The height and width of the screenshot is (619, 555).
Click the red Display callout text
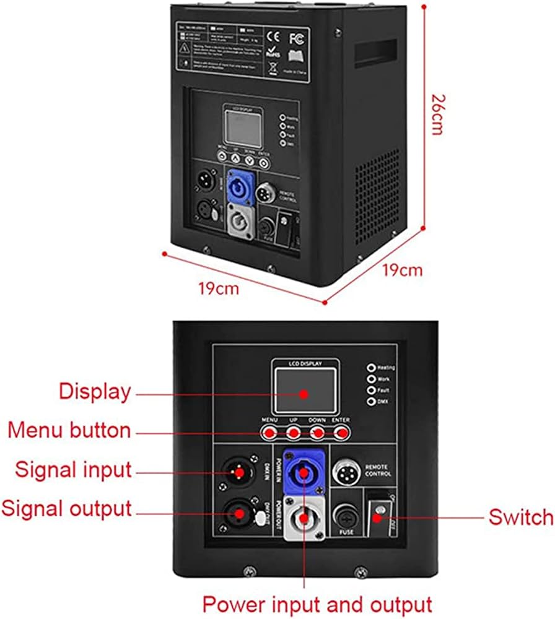(95, 392)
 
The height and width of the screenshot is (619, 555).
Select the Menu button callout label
(69, 430)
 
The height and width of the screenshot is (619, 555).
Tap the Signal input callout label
(74, 470)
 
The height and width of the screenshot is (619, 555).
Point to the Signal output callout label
(66, 509)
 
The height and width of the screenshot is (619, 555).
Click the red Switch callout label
(520, 517)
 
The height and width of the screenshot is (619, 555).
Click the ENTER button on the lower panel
(341, 433)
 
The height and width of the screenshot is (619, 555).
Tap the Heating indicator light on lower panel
(371, 367)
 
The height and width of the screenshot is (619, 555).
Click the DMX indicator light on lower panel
(371, 402)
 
